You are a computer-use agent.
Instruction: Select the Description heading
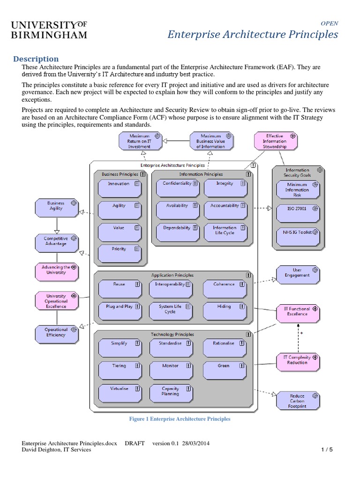click(x=36, y=59)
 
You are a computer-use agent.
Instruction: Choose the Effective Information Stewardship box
click(x=275, y=141)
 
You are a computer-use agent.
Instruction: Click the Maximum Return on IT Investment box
click(x=140, y=141)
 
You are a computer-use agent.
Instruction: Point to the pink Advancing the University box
click(x=56, y=270)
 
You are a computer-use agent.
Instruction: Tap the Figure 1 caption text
click(x=180, y=419)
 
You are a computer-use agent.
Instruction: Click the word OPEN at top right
click(x=329, y=23)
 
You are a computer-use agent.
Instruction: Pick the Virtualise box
click(x=119, y=391)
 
